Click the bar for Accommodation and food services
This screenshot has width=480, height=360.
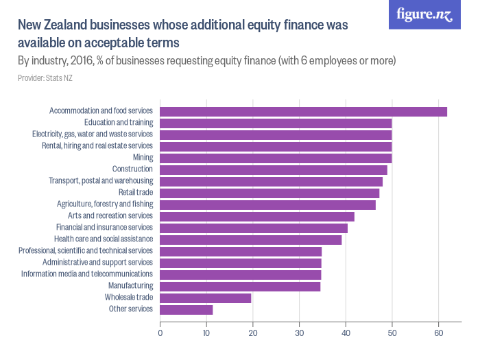click(x=303, y=111)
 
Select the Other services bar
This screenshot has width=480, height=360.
click(x=187, y=309)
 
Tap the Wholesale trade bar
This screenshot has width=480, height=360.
click(x=206, y=298)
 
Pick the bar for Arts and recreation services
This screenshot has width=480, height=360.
click(x=257, y=216)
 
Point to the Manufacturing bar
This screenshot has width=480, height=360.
click(x=240, y=286)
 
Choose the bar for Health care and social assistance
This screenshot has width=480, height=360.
click(x=251, y=239)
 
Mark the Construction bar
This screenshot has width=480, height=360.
click(x=274, y=169)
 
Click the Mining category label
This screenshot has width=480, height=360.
click(x=143, y=158)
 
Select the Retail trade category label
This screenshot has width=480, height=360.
click(x=136, y=193)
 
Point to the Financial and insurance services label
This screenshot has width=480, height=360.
click(x=104, y=227)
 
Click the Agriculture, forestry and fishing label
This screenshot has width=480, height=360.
click(x=105, y=204)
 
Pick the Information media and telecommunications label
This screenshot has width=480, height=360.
click(x=86, y=274)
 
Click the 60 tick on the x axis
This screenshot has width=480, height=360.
click(x=437, y=334)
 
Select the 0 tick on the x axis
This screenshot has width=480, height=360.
click(x=160, y=334)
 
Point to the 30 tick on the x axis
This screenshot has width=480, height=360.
click(x=299, y=334)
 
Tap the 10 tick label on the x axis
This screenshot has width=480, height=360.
click(x=206, y=334)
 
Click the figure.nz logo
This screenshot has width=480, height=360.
click(x=424, y=14)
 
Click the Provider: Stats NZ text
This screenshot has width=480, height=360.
click(x=45, y=78)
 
